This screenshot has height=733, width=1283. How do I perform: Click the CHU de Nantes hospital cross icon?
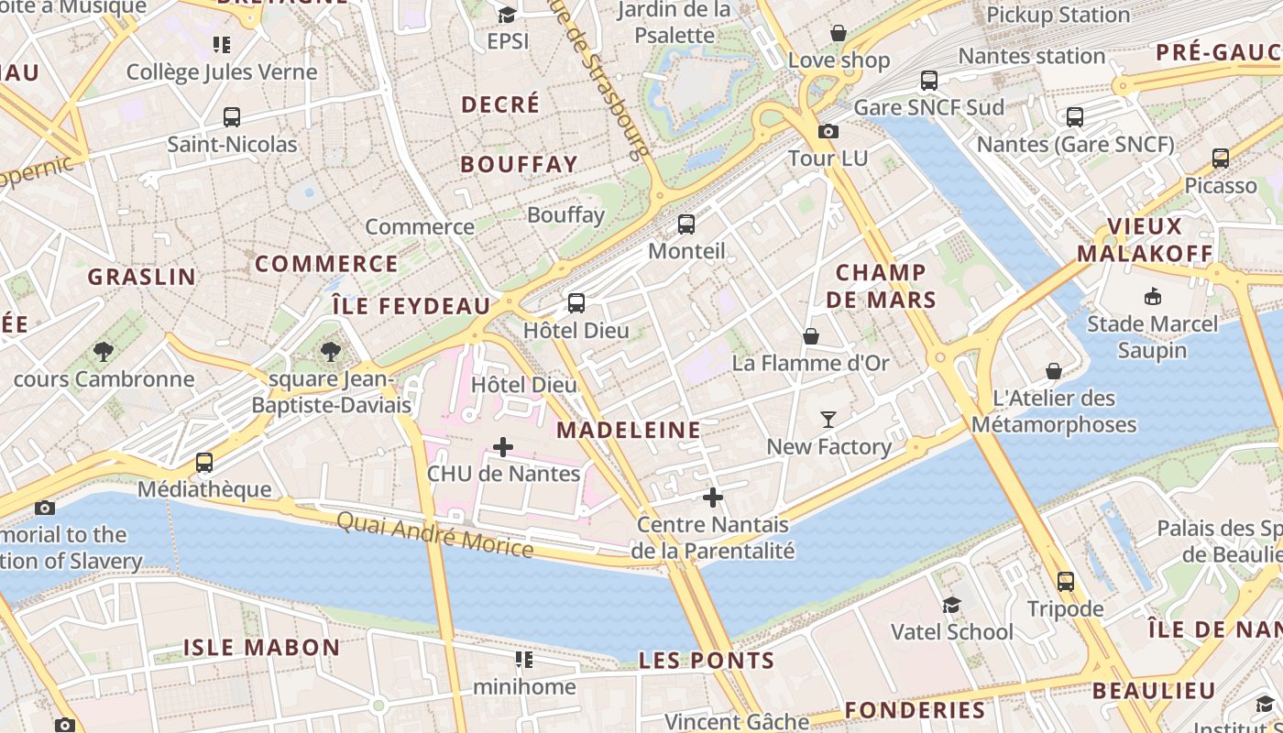click(503, 447)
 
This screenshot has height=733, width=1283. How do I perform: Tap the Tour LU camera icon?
click(828, 132)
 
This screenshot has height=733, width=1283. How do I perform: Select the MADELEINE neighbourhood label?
click(629, 430)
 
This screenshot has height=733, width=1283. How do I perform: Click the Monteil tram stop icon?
click(686, 224)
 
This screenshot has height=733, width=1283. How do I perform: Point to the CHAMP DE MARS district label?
click(881, 286)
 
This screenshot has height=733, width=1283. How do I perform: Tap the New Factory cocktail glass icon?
click(828, 420)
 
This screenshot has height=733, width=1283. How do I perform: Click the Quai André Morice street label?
click(434, 534)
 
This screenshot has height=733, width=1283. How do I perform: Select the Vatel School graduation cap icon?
click(952, 606)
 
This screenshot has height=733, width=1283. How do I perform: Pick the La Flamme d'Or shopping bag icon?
click(811, 336)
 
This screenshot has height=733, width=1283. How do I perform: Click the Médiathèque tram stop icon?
click(204, 463)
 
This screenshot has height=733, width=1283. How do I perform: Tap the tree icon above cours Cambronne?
click(104, 352)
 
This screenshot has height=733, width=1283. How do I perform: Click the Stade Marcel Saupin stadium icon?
click(1153, 297)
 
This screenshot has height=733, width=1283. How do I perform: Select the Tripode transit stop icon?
click(1065, 582)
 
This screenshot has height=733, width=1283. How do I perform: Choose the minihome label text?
click(524, 686)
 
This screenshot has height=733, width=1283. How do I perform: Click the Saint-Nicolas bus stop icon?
click(232, 117)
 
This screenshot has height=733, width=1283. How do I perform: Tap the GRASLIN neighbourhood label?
click(142, 276)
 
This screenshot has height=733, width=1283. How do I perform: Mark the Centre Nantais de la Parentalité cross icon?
click(713, 498)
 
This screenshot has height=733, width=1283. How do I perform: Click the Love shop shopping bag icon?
click(839, 34)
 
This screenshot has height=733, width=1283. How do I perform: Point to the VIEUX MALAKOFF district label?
click(1145, 240)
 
